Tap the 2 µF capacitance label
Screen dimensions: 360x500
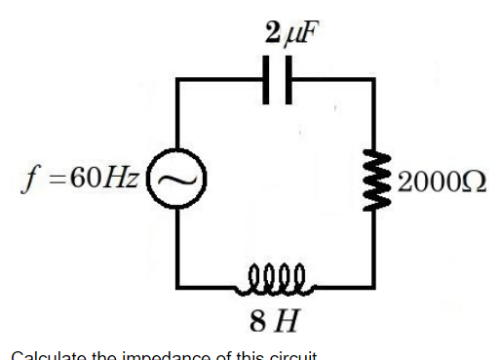[x=289, y=33]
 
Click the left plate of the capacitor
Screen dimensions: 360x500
[x=268, y=79]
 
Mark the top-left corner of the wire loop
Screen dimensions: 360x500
[x=176, y=80]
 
